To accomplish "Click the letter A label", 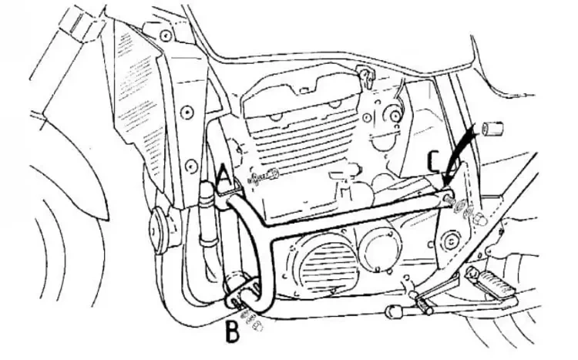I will coord(224,177).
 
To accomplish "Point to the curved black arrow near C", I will coord(463,154).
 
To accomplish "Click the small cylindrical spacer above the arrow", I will coord(490,127).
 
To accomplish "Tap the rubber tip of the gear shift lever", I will coord(392,311).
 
